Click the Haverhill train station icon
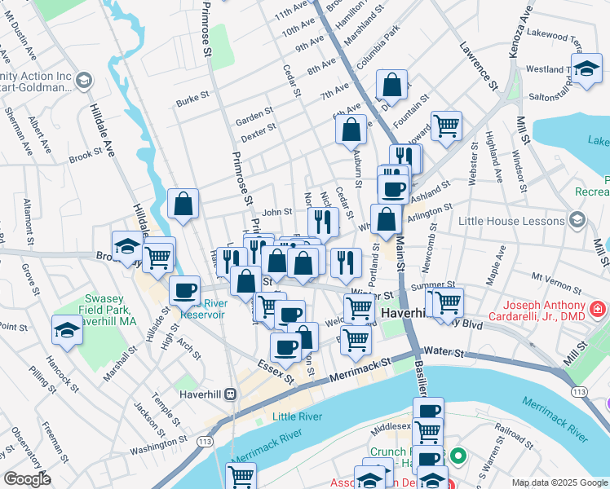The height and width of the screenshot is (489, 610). (x=231, y=394)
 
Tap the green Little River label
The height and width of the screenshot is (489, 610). (x=297, y=416)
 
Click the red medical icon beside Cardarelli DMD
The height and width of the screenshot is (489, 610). (x=598, y=310)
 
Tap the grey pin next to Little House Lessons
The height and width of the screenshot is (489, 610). (x=577, y=220)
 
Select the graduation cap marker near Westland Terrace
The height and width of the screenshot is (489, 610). (x=586, y=69)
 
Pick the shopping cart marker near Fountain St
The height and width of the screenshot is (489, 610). (x=446, y=126)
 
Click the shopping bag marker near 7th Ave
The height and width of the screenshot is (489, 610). (x=392, y=86)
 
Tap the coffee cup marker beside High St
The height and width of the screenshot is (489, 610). (x=184, y=290)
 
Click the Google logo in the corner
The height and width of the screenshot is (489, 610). (x=27, y=479)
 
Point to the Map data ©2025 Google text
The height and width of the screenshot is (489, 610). (x=559, y=482)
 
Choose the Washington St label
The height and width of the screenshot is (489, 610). (x=158, y=447)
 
